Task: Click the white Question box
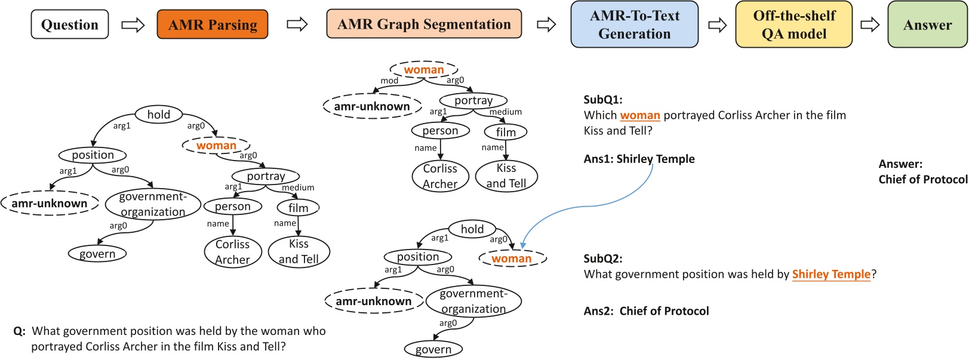[x=70, y=24]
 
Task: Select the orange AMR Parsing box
[x=213, y=24]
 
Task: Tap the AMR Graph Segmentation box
[x=424, y=24]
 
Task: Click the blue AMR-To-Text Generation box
[x=634, y=24]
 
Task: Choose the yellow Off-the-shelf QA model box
[x=793, y=24]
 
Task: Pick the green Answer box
[x=927, y=24]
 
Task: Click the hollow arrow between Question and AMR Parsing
[x=133, y=24]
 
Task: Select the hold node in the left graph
[x=158, y=114]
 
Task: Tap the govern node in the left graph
[x=97, y=254]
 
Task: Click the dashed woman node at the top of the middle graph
[x=424, y=70]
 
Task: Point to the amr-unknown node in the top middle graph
[x=371, y=106]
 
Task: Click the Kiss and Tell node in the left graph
[x=299, y=251]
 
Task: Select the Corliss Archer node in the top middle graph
[x=440, y=176]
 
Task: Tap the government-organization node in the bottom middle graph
[x=473, y=301]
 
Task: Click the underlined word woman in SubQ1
[x=639, y=115]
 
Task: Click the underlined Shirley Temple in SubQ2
[x=831, y=274]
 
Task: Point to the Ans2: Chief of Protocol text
[x=646, y=311]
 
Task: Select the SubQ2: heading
[x=602, y=259]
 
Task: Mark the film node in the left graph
[x=298, y=208]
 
